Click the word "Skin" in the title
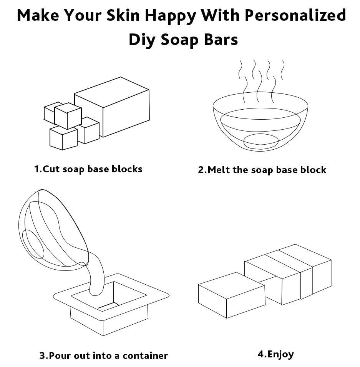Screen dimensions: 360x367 [x=123, y=15]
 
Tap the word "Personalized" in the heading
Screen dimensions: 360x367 [x=295, y=15]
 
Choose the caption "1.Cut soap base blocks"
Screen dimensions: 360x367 [x=88, y=169]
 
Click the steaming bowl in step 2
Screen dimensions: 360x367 [x=260, y=121]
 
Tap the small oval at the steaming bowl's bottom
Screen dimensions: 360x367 [x=261, y=141]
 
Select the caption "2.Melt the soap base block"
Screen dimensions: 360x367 [x=262, y=170]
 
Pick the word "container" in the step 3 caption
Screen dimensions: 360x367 [x=145, y=356]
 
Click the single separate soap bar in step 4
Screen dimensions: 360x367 [x=232, y=295]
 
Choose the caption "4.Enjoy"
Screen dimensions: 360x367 [x=275, y=354]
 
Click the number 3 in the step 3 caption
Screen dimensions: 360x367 [x=43, y=356]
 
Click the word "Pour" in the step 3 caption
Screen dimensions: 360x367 [x=60, y=356]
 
